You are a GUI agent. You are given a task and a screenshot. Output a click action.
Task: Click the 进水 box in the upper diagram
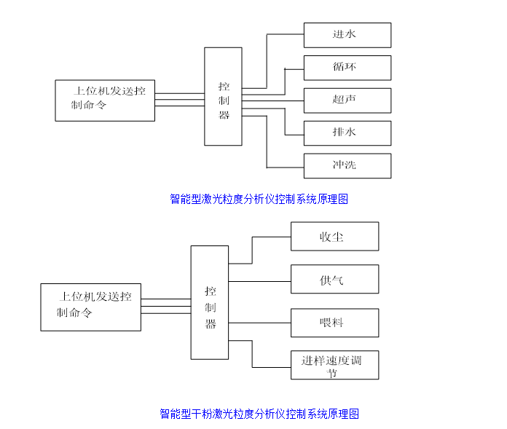347,35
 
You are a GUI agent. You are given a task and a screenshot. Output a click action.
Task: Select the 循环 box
347,68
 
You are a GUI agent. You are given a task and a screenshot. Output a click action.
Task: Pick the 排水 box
347,133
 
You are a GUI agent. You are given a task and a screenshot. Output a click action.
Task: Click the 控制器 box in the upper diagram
223,96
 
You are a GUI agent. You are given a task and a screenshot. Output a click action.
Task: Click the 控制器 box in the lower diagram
210,302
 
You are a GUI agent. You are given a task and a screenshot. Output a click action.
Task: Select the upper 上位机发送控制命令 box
105,101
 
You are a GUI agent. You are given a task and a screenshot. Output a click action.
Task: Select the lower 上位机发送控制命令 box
91,307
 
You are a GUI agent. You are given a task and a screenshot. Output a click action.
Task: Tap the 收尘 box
334,237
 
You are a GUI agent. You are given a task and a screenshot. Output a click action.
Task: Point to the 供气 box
334,279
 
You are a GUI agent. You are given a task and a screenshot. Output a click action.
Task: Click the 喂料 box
334,323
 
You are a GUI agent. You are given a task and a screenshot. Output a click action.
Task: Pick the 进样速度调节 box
334,365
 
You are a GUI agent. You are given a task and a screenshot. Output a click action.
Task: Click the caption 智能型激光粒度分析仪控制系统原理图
259,199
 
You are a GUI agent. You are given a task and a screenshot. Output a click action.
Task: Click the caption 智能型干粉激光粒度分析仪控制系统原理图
259,414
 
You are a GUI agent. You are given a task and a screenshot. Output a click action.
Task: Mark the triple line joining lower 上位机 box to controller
166,306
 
